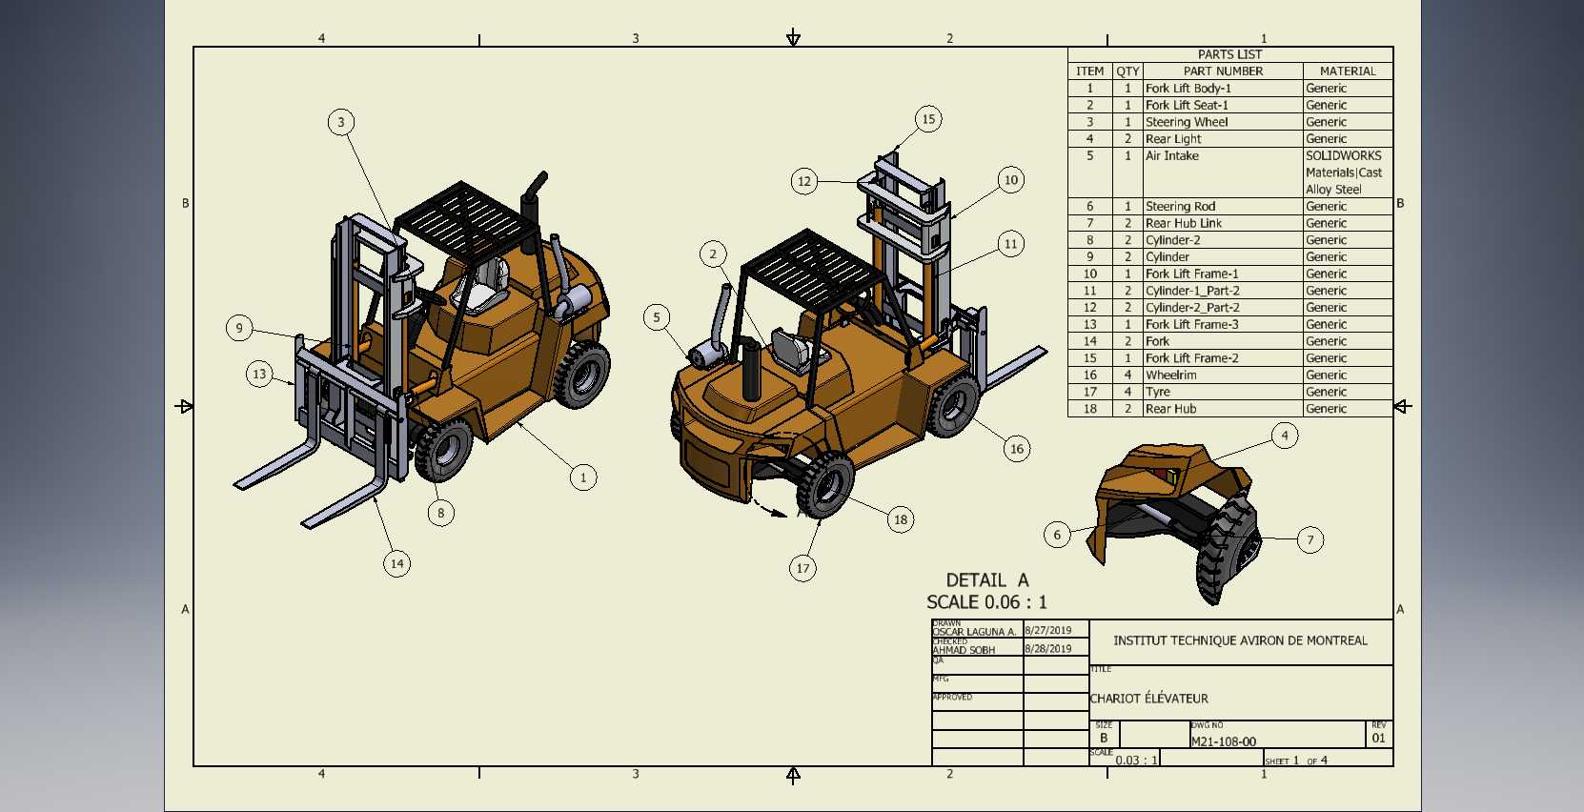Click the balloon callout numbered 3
(341, 122)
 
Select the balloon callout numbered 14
(396, 564)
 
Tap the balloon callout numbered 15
(928, 119)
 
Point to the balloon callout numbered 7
(1310, 540)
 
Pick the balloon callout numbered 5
(657, 317)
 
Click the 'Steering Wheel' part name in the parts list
(1187, 122)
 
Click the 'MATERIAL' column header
(1348, 71)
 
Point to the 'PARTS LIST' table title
(1229, 54)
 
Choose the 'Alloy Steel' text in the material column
(1333, 190)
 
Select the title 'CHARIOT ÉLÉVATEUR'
(1149, 699)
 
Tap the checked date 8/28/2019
(1048, 649)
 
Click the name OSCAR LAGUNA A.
(974, 632)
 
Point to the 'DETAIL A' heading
(987, 580)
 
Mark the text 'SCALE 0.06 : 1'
(986, 602)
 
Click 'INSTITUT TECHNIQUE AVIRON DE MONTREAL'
(1240, 640)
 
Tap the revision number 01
(1378, 739)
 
